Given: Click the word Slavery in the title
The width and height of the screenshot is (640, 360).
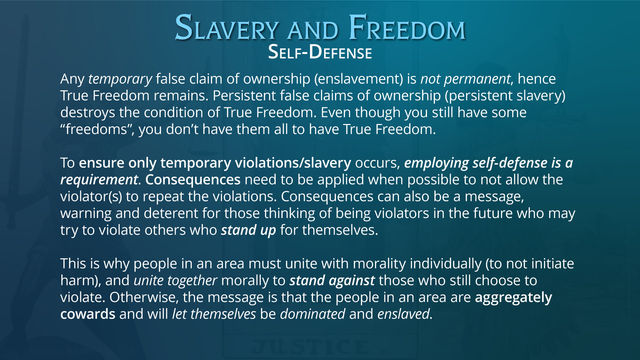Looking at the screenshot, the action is (x=227, y=28).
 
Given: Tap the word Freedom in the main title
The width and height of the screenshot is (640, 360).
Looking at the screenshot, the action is (x=407, y=28).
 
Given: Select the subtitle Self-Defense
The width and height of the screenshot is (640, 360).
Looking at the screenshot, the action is (x=320, y=52).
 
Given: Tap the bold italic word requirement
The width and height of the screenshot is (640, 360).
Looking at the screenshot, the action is (x=99, y=180).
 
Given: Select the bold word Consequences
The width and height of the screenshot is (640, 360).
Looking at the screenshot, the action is (x=193, y=180).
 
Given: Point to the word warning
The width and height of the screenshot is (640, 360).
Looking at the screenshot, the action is (x=86, y=214).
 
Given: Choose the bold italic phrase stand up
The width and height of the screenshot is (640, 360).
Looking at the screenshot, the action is (x=249, y=230).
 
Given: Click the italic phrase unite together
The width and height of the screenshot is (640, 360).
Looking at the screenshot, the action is (x=175, y=281).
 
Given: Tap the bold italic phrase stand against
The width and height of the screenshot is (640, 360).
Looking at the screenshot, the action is (x=332, y=281).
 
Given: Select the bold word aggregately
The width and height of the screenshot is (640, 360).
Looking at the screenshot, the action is (x=514, y=298).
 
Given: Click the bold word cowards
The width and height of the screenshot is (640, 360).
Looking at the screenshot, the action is (x=88, y=314).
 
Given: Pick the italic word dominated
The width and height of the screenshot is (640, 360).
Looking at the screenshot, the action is (x=313, y=314).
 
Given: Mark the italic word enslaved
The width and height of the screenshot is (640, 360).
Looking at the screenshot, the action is (x=404, y=314).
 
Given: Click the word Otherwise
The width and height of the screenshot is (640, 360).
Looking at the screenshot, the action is (x=144, y=297).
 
